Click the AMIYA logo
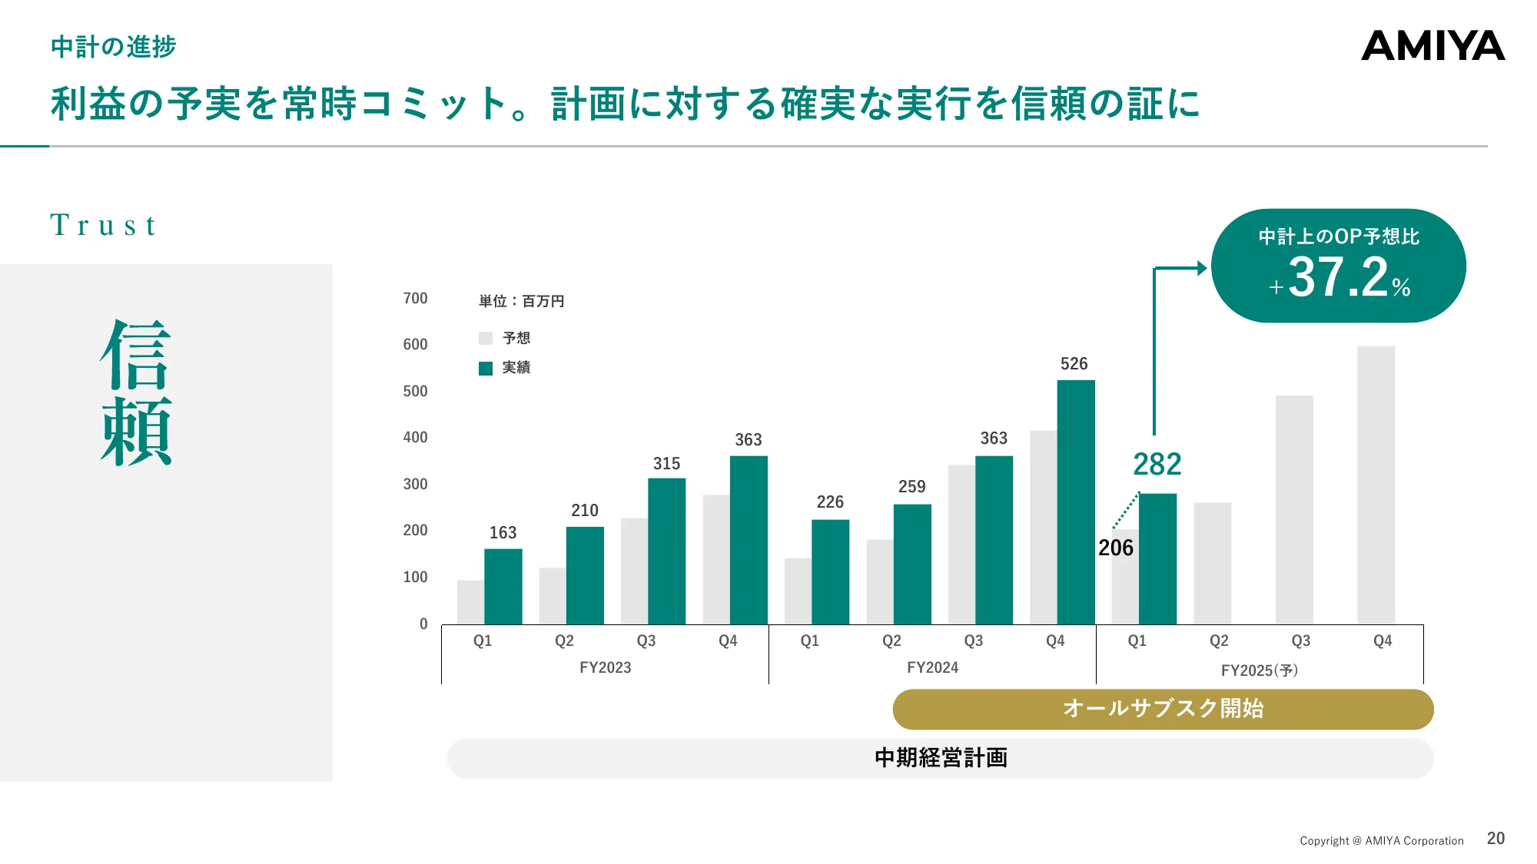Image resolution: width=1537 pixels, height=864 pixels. (x=1432, y=46)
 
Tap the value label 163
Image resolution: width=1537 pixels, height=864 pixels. (x=503, y=532)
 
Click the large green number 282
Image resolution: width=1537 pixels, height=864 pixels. (x=1157, y=464)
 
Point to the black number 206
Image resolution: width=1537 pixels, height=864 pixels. (x=1115, y=548)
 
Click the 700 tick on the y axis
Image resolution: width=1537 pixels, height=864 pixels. (x=415, y=298)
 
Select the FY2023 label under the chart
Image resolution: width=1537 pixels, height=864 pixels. (x=605, y=667)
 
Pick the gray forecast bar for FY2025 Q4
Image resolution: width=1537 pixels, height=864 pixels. (x=1376, y=485)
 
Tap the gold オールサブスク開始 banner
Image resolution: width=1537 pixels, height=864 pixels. (x=1163, y=708)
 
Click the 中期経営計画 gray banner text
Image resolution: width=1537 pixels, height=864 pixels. (x=941, y=757)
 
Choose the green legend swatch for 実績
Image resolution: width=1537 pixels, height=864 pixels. (x=486, y=369)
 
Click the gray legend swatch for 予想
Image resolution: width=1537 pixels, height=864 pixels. (x=486, y=339)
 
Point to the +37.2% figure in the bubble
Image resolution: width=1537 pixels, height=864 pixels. (x=1339, y=277)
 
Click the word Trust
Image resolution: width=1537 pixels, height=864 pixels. (x=103, y=225)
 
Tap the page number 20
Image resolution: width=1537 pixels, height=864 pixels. (x=1496, y=838)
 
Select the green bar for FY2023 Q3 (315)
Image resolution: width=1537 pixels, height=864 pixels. (x=666, y=551)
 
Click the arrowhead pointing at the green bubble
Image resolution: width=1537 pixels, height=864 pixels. (x=1202, y=268)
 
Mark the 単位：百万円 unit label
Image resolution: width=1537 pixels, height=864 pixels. (x=521, y=301)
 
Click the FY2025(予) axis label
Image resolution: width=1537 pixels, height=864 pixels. (x=1259, y=670)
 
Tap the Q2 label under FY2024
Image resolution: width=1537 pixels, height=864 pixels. (x=891, y=641)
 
